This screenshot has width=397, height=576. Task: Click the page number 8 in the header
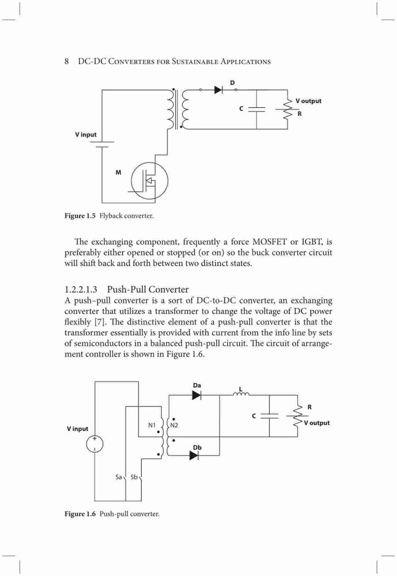pos(66,62)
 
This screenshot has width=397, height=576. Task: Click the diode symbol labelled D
pos(219,89)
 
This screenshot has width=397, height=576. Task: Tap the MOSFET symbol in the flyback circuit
pos(149,180)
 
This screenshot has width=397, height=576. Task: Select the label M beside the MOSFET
pos(118,172)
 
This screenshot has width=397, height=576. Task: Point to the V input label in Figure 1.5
pos(86,134)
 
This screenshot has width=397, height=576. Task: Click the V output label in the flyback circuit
pos(308,101)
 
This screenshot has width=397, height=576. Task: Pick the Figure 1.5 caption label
pos(80,215)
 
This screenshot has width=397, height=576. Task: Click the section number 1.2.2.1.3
pos(81,290)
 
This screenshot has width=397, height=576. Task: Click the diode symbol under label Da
pos(196,395)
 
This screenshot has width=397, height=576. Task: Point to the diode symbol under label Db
pos(194,456)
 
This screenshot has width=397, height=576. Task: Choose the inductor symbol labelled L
pos(241,394)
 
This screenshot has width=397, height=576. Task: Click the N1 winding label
pos(152,425)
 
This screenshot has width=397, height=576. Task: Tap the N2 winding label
pos(174,425)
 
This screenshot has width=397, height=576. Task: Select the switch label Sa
pos(118,477)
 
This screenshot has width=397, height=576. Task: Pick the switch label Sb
pos(134,477)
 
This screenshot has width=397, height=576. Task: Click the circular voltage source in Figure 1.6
pos(95,444)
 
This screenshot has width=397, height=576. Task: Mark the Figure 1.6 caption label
pos(80,514)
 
